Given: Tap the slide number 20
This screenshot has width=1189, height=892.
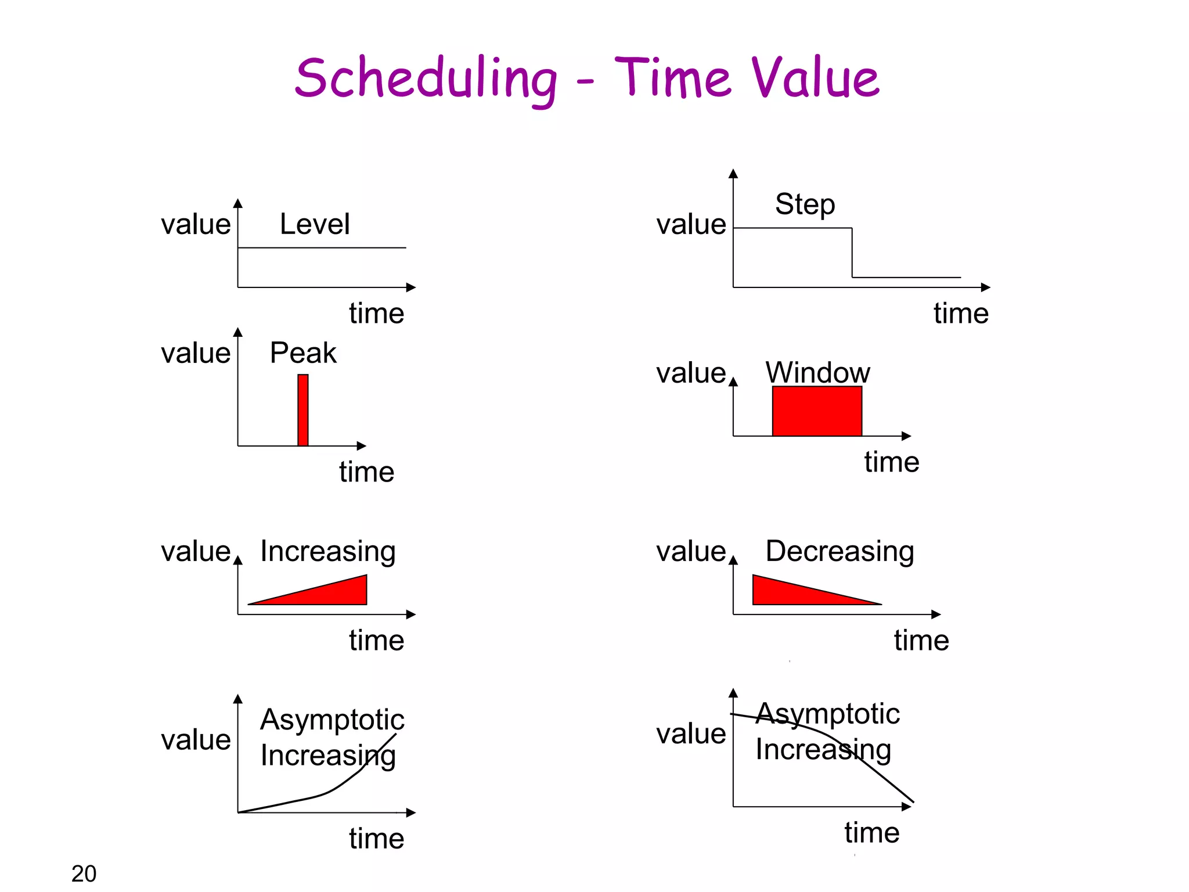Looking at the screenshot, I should [x=84, y=873].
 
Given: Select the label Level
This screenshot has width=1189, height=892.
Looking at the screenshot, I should [x=315, y=224].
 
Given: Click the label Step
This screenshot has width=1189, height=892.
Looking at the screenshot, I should [x=805, y=204].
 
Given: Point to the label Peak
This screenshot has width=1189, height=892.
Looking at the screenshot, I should [x=303, y=353].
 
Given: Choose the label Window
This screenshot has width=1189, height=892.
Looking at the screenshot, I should [x=817, y=372].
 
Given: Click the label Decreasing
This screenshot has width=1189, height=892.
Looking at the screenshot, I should [x=839, y=551].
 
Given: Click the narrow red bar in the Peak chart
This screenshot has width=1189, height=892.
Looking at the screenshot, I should [x=302, y=410].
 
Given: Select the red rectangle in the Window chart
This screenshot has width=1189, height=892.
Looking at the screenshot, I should [x=817, y=411].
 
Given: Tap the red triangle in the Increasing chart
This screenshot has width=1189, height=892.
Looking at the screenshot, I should [x=337, y=594].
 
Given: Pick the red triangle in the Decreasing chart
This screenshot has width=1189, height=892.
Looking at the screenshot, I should [x=790, y=592].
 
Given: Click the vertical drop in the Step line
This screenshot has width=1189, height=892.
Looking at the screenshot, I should [x=852, y=253].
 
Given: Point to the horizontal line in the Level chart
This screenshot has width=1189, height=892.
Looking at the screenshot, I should [x=322, y=248].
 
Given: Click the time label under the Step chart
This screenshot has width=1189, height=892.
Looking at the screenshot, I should [x=961, y=314].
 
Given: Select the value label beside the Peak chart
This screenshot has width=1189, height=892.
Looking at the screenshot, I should [x=196, y=353].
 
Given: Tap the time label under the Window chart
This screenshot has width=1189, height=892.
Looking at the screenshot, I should [x=891, y=462].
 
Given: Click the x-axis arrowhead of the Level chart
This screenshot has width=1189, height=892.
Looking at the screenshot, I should [x=411, y=287].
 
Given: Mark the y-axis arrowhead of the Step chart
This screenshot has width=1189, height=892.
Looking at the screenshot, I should [x=733, y=174].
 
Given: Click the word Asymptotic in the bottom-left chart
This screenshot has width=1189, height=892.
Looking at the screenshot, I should [x=332, y=720].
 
